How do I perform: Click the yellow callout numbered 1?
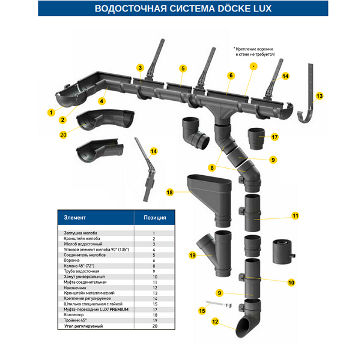click(52, 111)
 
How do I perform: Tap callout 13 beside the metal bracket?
click(320, 95)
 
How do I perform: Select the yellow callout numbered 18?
click(170, 193)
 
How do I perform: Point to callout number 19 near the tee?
click(192, 255)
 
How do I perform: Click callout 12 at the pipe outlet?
click(214, 322)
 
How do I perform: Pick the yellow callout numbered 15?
click(202, 311)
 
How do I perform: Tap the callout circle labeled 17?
click(275, 137)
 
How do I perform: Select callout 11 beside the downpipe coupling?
click(295, 215)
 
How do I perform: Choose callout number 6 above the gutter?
click(230, 76)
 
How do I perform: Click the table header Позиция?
click(154, 217)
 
